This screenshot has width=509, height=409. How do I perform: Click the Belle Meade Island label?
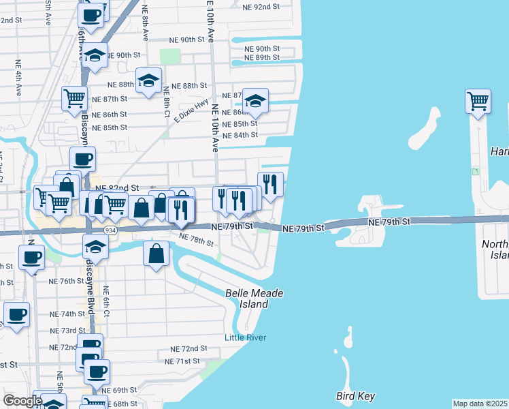tap(254, 299)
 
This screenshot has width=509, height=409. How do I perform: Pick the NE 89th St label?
tap(262, 58)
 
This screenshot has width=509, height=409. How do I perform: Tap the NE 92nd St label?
tap(261, 6)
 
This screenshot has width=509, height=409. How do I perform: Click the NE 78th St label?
tap(196, 239)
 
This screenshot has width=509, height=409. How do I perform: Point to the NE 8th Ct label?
tap(167, 105)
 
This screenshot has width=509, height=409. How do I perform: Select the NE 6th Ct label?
tap(106, 299)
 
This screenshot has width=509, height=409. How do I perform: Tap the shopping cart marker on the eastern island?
tap(478, 102)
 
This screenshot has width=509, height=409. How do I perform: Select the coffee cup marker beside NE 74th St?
tap(16, 315)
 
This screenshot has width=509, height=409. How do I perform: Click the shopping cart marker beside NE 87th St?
tap(74, 97)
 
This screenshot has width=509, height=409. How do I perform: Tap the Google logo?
tap(22, 401)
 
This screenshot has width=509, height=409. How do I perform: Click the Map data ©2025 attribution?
tap(480, 404)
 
